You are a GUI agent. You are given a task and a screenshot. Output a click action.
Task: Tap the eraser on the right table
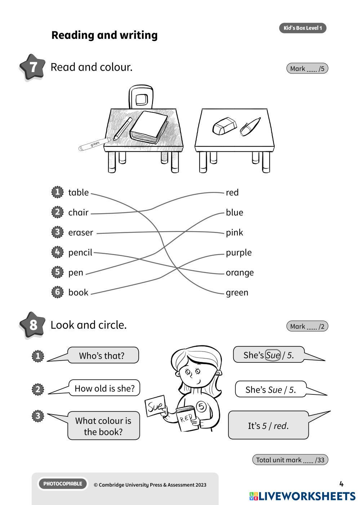coord(224,126)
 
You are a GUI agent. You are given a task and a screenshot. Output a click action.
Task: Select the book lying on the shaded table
coord(148,126)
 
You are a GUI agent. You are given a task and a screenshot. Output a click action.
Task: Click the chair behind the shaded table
coord(141,97)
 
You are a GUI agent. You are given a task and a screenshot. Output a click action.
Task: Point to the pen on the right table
coord(250,126)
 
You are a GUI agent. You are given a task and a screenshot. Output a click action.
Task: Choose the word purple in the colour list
coord(239,253)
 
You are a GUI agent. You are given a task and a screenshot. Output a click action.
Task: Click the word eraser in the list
coord(81,233)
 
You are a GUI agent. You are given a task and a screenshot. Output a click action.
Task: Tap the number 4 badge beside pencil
coord(57,252)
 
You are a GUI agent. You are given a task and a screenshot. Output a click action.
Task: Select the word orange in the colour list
coord(240,273)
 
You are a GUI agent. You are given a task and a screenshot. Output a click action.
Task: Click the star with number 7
coord(32,67)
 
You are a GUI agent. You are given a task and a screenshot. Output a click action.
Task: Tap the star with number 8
coord(32,325)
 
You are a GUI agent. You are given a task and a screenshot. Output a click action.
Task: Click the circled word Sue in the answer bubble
coord(273,356)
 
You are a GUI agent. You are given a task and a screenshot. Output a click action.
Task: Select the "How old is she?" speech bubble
coord(105,388)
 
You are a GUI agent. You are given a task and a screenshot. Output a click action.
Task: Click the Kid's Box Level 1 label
coord(303,28)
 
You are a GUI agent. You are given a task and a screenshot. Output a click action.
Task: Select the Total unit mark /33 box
coord(290,460)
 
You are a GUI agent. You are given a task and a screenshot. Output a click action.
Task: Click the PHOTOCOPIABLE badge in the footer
coord(63,484)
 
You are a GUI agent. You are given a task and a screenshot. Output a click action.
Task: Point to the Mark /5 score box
coord(307,68)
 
